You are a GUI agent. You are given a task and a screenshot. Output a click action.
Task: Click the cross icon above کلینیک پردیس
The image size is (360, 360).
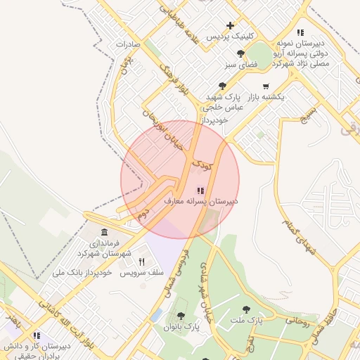[x=230, y=25]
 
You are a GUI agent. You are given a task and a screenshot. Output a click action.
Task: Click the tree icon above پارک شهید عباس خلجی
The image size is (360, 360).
[x=223, y=85]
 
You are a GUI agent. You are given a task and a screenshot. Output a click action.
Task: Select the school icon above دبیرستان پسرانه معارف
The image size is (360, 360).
[x=201, y=190]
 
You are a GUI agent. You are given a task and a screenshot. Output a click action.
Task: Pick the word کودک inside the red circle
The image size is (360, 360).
[x=202, y=166]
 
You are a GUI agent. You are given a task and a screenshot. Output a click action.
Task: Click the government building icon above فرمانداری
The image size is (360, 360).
[x=105, y=233]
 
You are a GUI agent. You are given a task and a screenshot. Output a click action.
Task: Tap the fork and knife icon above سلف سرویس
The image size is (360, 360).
[x=141, y=262]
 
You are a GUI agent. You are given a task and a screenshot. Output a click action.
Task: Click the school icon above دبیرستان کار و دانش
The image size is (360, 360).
[x=36, y=335]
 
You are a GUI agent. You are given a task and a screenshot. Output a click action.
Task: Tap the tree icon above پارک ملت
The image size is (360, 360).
[x=246, y=309]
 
